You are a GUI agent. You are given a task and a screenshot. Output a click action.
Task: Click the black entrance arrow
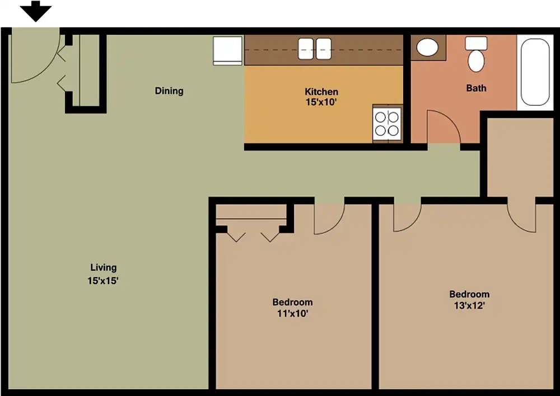[36, 11]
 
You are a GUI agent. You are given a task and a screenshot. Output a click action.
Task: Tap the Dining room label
[169, 91]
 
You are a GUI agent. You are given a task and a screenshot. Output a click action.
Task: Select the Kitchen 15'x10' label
[321, 97]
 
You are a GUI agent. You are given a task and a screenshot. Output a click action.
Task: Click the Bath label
[476, 88]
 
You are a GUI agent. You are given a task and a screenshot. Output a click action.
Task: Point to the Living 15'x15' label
[102, 274]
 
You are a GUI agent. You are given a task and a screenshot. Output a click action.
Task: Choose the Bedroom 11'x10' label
[292, 308]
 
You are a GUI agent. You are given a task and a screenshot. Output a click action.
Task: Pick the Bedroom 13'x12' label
[469, 299]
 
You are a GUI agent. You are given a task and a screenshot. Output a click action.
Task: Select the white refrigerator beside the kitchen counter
[227, 50]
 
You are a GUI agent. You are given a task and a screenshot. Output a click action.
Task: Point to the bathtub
[534, 72]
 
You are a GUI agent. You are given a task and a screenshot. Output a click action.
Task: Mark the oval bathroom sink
[428, 48]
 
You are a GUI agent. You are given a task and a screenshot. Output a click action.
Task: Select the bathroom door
[442, 128]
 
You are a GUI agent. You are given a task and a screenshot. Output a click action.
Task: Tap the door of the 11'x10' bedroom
[328, 218]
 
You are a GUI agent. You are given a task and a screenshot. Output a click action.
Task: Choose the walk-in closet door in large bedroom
[522, 216]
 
